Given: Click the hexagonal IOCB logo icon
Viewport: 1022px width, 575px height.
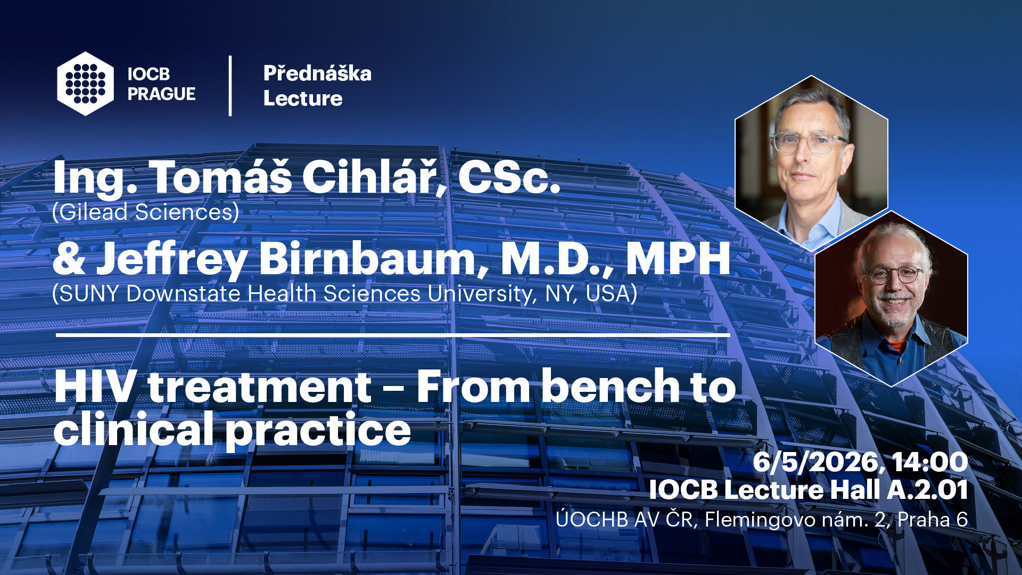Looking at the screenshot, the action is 86,84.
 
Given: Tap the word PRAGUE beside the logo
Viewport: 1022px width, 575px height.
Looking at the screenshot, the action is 161,94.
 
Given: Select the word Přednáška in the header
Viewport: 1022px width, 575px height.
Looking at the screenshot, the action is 317,73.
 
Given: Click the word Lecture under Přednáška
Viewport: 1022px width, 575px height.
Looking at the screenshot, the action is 303,98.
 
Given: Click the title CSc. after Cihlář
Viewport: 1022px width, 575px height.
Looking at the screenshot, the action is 509,178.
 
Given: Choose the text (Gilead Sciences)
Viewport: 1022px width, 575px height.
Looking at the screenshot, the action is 146,212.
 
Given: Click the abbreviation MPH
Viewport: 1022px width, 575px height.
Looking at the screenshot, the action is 678,258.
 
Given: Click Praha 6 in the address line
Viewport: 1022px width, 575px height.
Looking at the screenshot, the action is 933,520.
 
